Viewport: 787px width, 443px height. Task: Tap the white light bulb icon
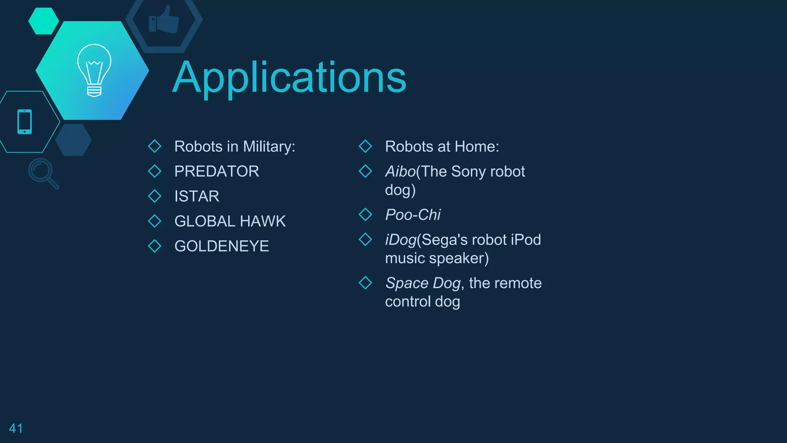[94, 70]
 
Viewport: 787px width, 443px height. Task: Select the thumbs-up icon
[164, 20]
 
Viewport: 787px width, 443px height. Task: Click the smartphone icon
[25, 122]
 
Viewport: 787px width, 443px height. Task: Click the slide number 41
[16, 428]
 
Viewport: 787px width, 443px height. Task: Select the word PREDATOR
[216, 172]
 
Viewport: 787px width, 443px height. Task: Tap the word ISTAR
[197, 197]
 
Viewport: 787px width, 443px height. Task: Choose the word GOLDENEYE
[221, 246]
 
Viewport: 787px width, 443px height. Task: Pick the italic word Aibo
[400, 172]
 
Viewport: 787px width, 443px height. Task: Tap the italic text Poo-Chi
[413, 215]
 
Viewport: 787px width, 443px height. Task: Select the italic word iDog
[401, 240]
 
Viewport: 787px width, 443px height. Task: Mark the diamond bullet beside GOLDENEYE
[154, 246]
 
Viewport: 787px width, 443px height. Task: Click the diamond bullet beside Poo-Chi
[365, 215]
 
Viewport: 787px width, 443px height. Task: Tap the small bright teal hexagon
[43, 21]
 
